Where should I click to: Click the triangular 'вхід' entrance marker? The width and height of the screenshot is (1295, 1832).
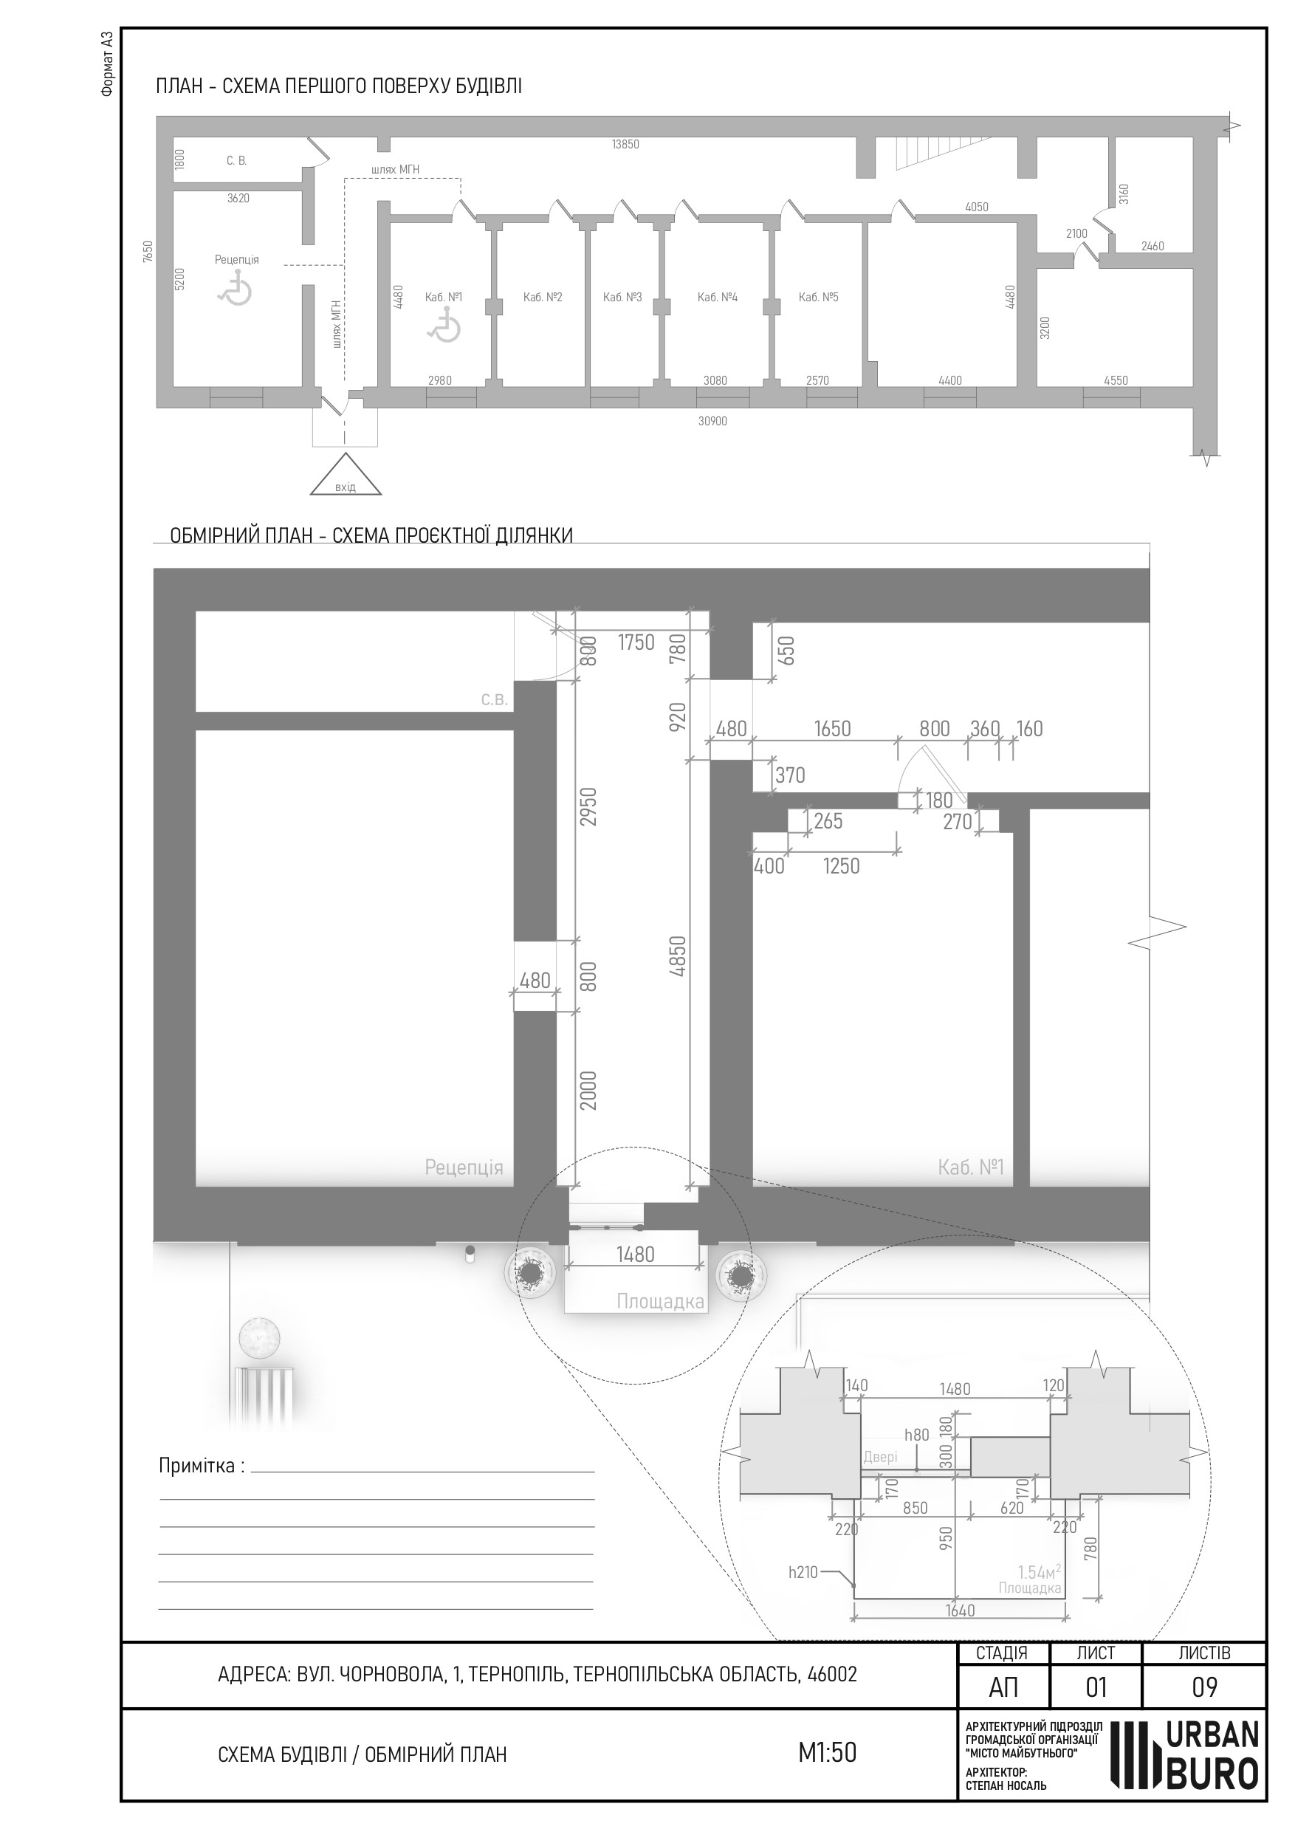tap(346, 476)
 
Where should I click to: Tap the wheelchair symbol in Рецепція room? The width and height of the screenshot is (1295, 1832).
tap(236, 288)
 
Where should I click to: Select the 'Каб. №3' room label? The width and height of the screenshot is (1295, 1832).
tap(622, 298)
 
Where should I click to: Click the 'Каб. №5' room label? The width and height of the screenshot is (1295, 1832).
tap(819, 298)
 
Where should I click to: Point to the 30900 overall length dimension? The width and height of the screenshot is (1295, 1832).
tap(712, 422)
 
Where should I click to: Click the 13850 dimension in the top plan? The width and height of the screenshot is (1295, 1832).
tap(625, 145)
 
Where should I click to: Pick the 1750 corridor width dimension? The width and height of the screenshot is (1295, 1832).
tap(636, 642)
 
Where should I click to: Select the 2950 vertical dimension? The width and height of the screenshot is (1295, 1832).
tap(588, 806)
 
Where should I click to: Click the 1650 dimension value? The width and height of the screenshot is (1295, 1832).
tap(832, 730)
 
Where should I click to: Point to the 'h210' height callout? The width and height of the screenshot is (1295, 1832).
tap(803, 1573)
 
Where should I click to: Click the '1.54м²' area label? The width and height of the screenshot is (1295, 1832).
tap(1039, 1572)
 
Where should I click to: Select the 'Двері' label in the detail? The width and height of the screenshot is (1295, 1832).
tap(881, 1457)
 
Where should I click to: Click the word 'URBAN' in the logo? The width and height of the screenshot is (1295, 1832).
tap(1213, 1734)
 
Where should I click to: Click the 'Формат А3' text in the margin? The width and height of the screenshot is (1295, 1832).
tap(108, 63)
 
